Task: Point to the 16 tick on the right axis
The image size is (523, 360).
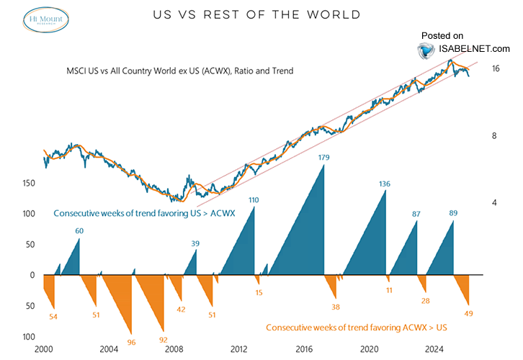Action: [496, 69]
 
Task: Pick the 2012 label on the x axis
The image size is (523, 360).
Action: [239, 349]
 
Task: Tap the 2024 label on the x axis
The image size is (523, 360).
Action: [434, 349]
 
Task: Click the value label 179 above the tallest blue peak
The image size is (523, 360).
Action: [324, 156]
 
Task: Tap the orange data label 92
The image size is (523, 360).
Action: [164, 340]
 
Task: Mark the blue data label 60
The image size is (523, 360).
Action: [79, 230]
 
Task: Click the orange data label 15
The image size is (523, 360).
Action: [259, 292]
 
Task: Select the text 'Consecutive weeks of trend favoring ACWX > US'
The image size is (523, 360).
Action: [357, 328]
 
